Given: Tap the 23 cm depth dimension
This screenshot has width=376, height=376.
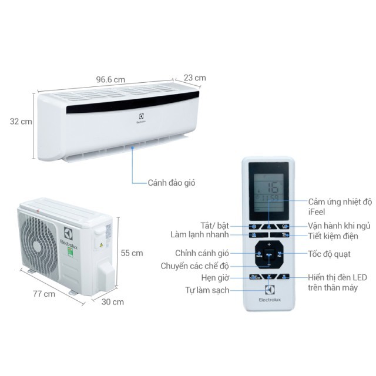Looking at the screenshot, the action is pyautogui.click(x=194, y=78).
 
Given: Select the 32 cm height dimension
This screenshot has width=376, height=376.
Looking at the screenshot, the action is pyautogui.click(x=21, y=122).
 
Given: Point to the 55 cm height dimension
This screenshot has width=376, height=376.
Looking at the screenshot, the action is pyautogui.click(x=132, y=253).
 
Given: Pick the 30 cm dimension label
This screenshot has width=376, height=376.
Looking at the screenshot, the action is pyautogui.click(x=112, y=302).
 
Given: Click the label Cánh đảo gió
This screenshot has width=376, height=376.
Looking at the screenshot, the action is pyautogui.click(x=172, y=183).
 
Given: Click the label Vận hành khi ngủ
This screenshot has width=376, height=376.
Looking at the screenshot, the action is pyautogui.click(x=339, y=226).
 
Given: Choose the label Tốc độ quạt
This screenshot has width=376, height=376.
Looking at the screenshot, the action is pyautogui.click(x=330, y=254).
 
